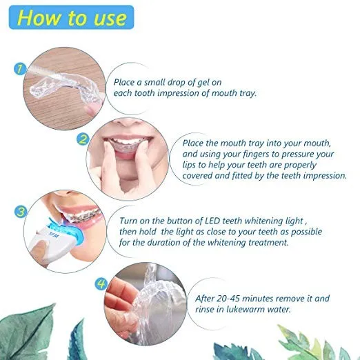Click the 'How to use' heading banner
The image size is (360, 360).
pyautogui.click(x=71, y=17)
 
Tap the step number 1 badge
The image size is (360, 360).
pyautogui.click(x=20, y=69)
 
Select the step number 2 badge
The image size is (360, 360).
pyautogui.click(x=83, y=139)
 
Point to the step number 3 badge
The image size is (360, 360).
pyautogui.click(x=21, y=212)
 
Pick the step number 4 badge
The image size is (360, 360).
pyautogui.click(x=101, y=284)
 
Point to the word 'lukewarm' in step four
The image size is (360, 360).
pyautogui.click(x=246, y=310)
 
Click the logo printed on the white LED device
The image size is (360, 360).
pyautogui.click(x=54, y=235)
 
